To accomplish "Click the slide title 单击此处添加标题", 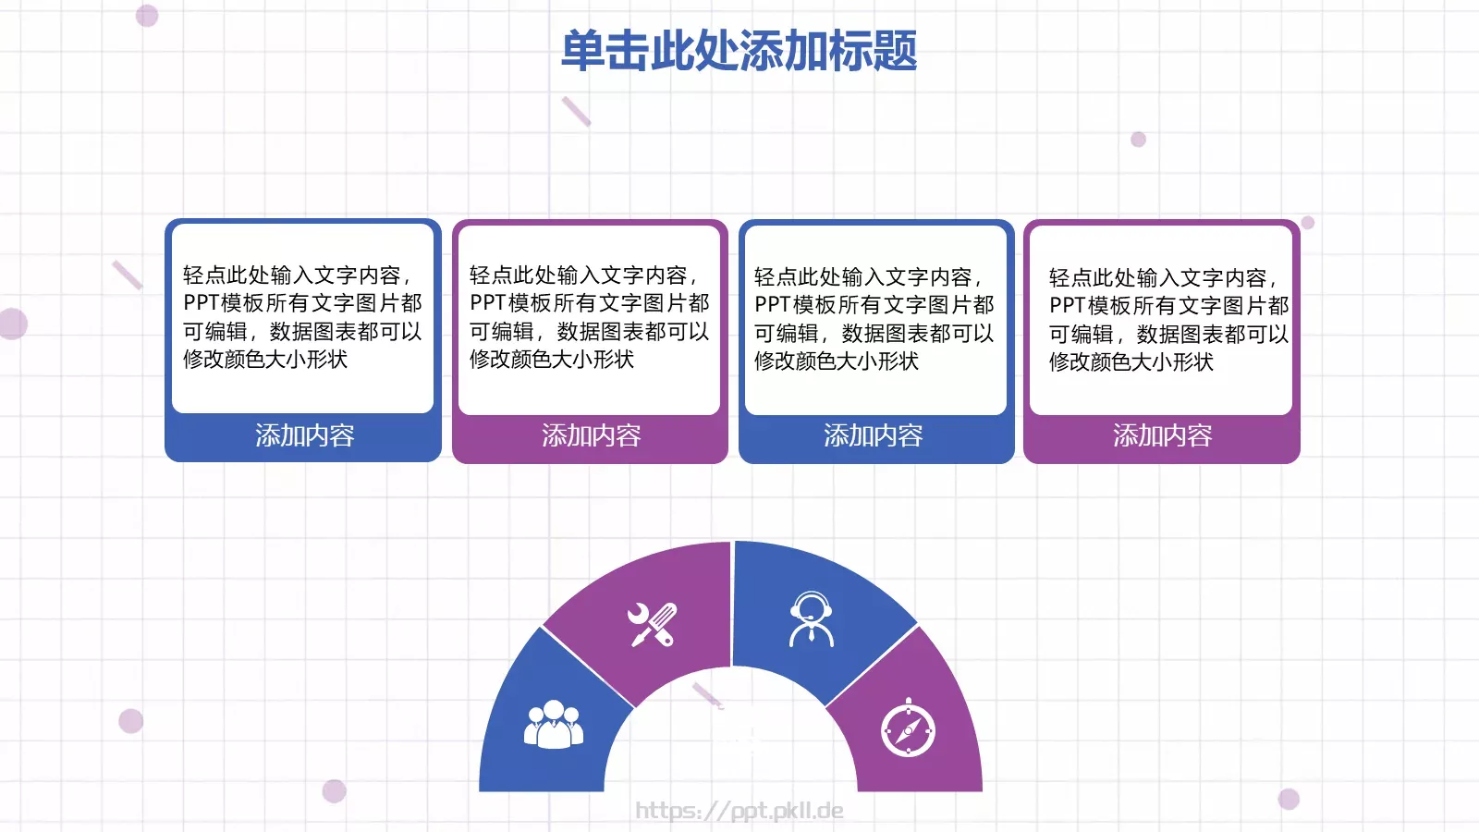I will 739,51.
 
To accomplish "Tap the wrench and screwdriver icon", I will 653,624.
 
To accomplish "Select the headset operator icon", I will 811,619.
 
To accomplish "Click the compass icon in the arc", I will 908,728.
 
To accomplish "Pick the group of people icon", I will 553,724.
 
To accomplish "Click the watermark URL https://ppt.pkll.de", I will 739,811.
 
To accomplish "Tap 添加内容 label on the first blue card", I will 304,435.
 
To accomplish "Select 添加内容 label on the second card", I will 591,435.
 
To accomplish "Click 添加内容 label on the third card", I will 873,435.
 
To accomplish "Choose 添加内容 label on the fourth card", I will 1162,435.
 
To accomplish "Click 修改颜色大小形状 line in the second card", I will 552,360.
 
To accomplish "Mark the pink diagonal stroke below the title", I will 576,111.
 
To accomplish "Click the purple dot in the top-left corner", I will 147,15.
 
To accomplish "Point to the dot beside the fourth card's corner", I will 1308,223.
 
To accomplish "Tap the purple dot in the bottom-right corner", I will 1289,799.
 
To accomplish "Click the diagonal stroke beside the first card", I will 127,275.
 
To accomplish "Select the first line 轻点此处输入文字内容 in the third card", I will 866,277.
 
